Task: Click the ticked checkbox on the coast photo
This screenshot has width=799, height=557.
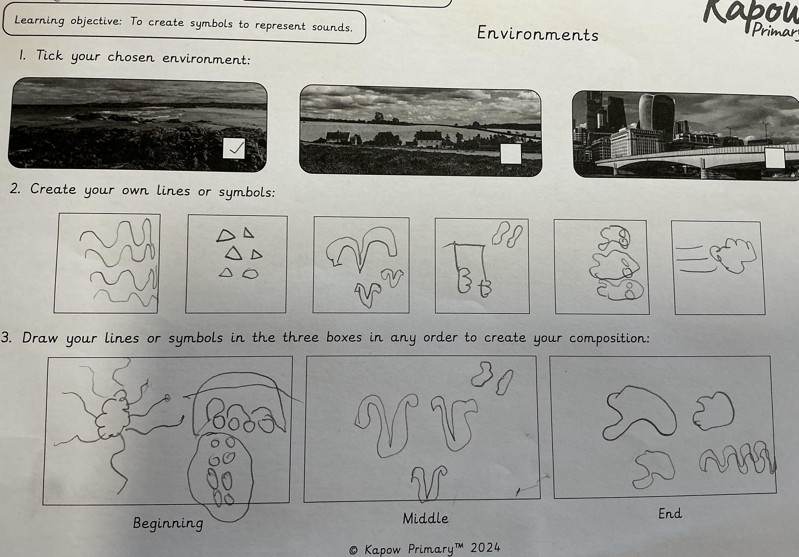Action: coord(233,148)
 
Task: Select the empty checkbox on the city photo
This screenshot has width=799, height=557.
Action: coord(775,158)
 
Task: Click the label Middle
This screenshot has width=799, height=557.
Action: coord(425,519)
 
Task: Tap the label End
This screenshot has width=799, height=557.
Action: coord(670,514)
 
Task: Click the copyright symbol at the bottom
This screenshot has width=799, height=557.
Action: coord(353,550)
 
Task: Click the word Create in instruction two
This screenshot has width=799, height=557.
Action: coord(53,189)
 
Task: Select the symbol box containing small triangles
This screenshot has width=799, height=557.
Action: coord(236,264)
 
